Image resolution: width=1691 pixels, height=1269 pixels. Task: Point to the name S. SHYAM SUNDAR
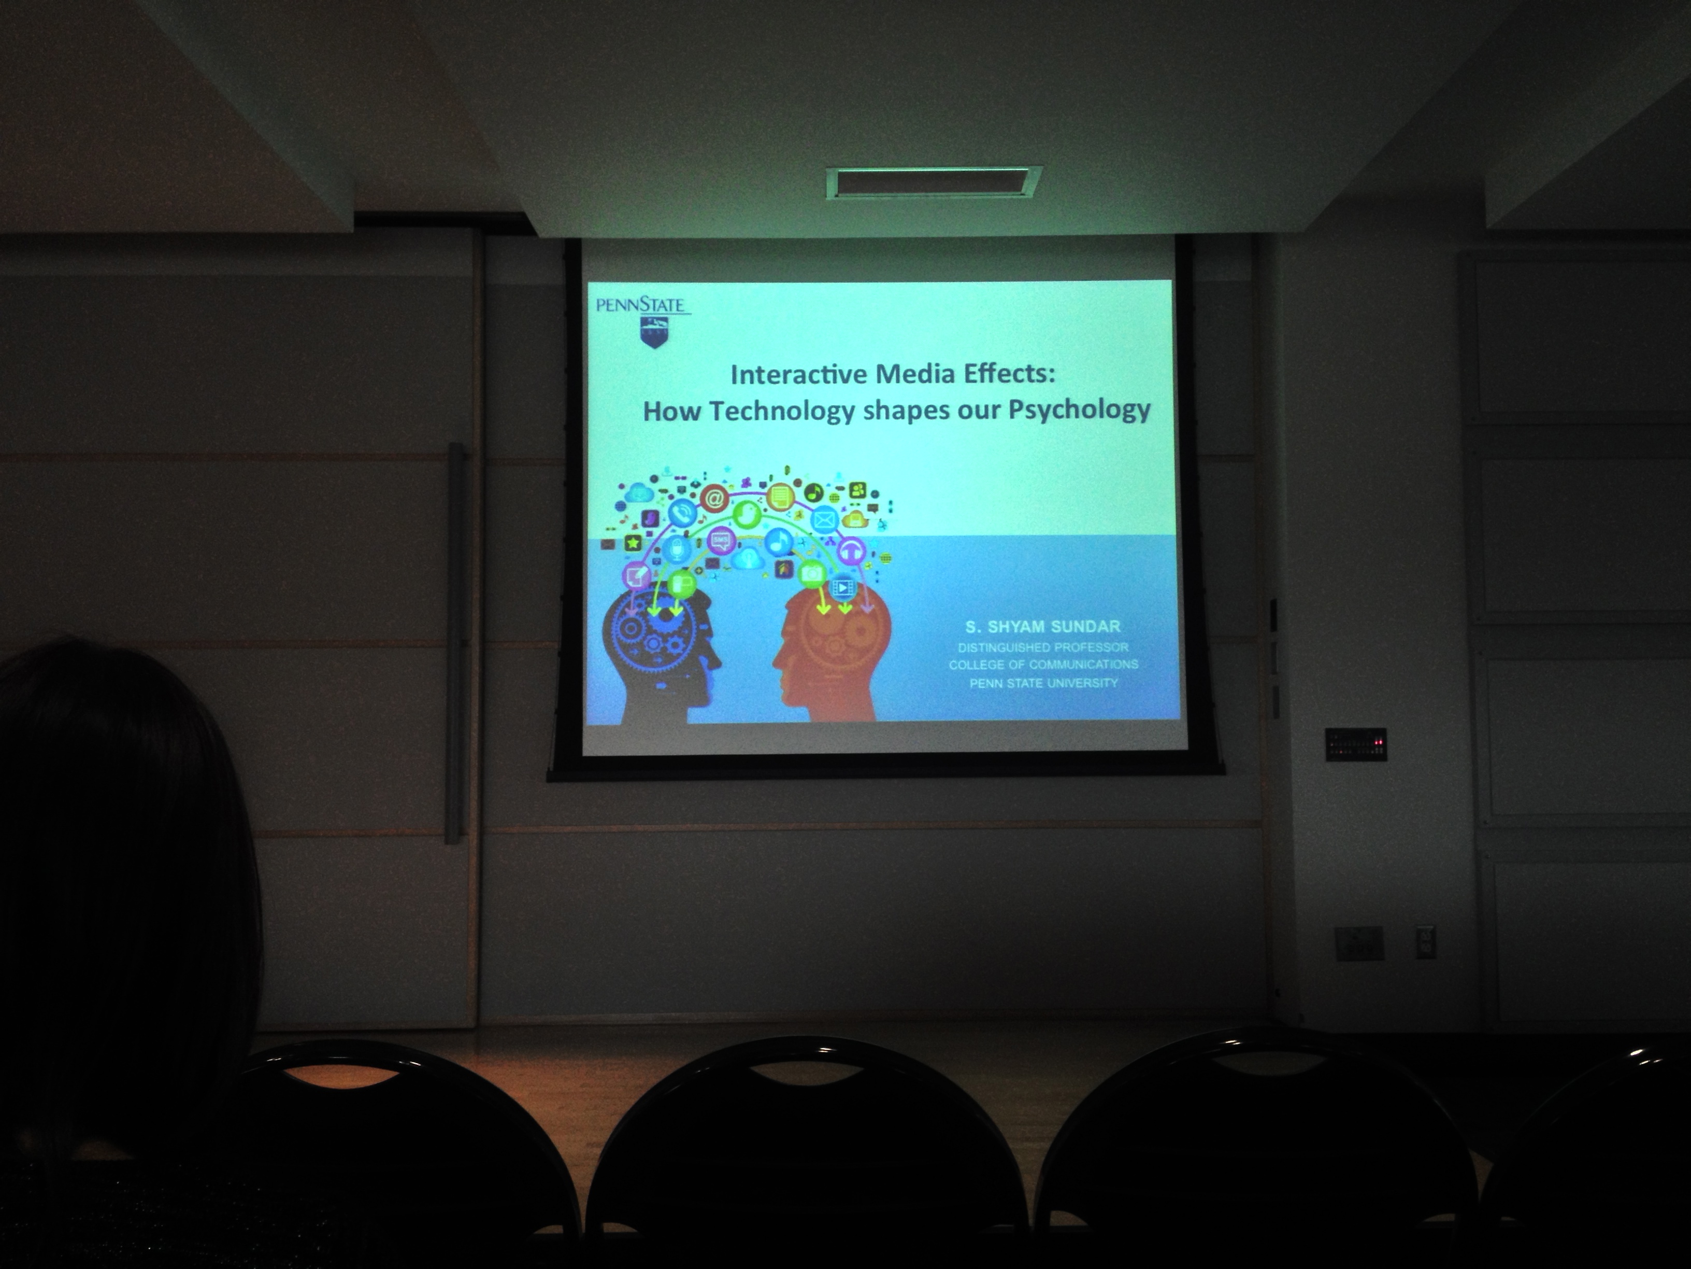point(1043,627)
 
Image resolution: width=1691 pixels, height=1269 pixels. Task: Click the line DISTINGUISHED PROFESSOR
point(1043,647)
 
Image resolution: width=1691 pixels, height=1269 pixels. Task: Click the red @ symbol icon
point(714,499)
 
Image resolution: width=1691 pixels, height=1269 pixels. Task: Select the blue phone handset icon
point(681,513)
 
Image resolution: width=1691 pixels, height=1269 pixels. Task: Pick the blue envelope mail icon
point(824,520)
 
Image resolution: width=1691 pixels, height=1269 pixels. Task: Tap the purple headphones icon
point(851,550)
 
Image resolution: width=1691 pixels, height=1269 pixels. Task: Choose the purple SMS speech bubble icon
point(720,541)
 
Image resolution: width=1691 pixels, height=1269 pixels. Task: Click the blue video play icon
point(842,587)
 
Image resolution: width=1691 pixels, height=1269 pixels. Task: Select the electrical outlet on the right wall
point(1425,942)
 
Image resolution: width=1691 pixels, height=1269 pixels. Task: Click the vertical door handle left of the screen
point(455,642)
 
